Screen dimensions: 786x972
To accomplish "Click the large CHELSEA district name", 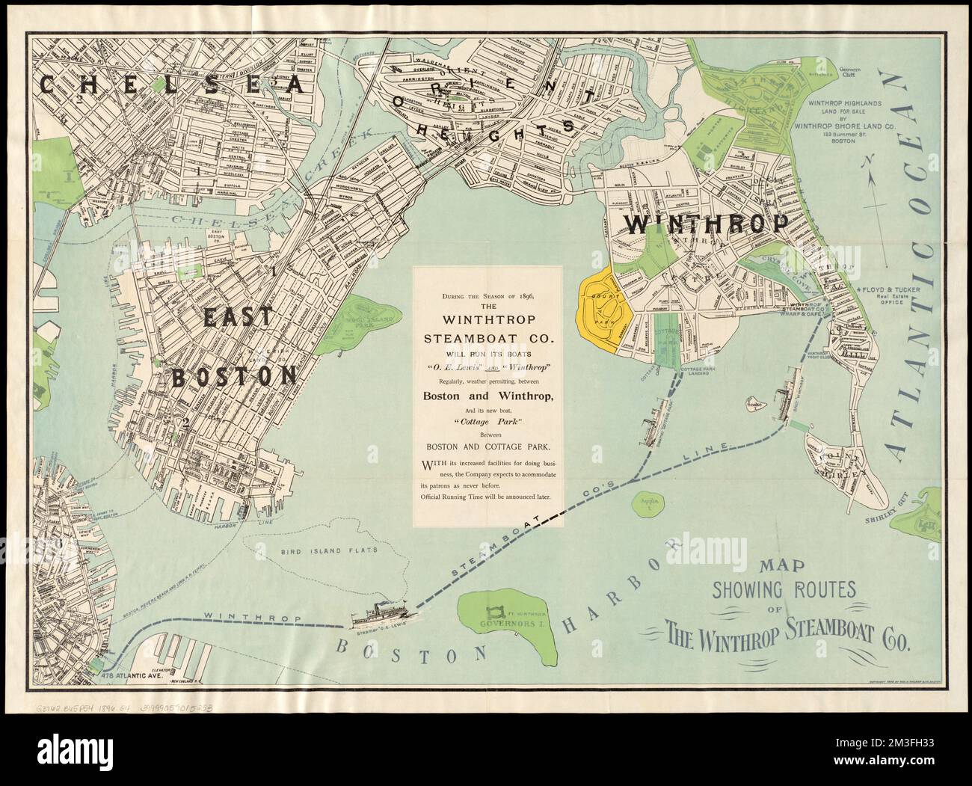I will tap(172, 85).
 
